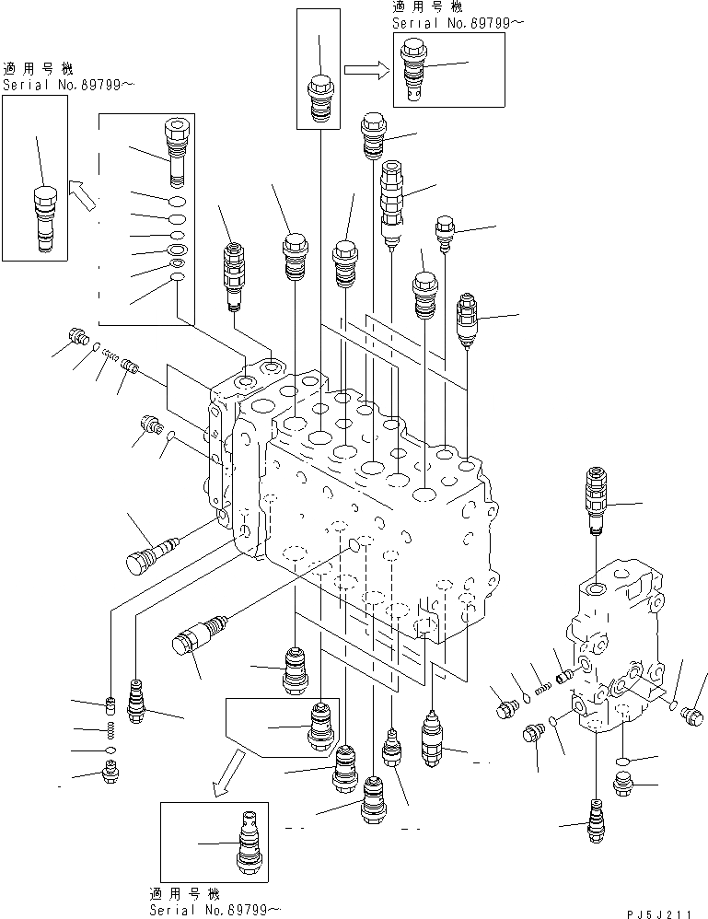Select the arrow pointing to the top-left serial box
tap(82, 195)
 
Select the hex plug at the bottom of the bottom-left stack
tap(110, 777)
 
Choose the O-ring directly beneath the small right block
tap(623, 762)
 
